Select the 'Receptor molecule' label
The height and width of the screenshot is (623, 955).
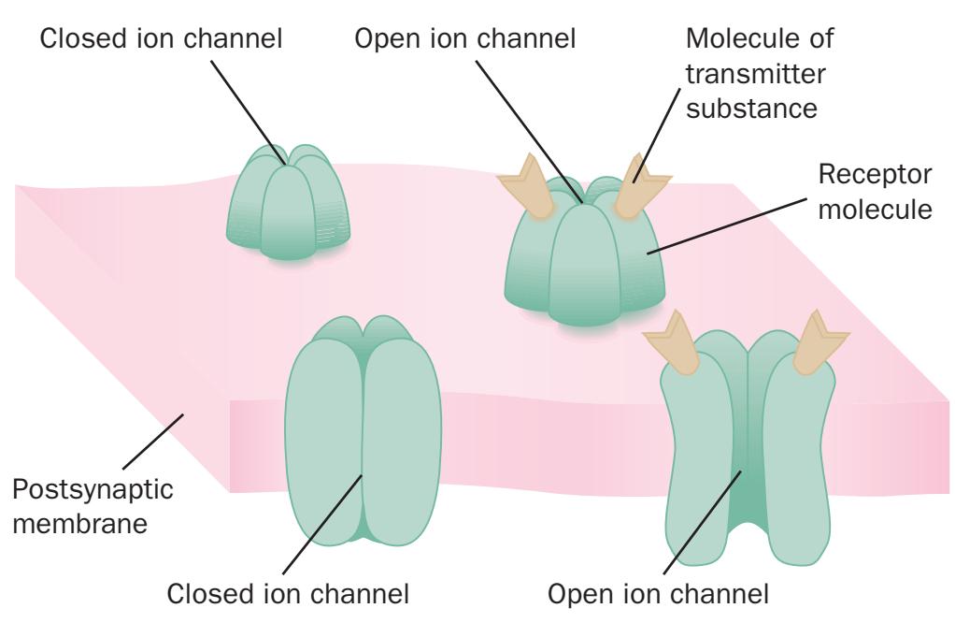click(x=875, y=191)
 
